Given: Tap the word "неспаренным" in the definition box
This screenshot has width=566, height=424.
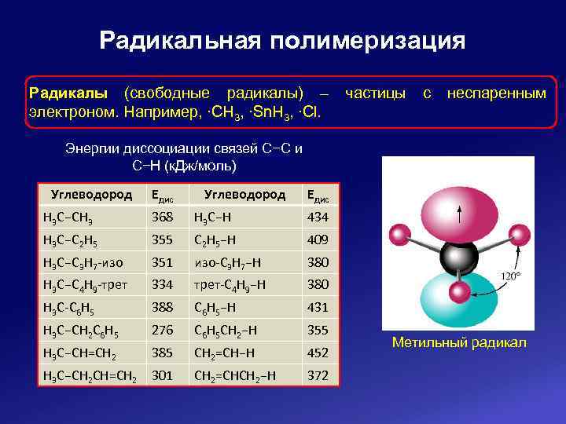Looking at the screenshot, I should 496,93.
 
